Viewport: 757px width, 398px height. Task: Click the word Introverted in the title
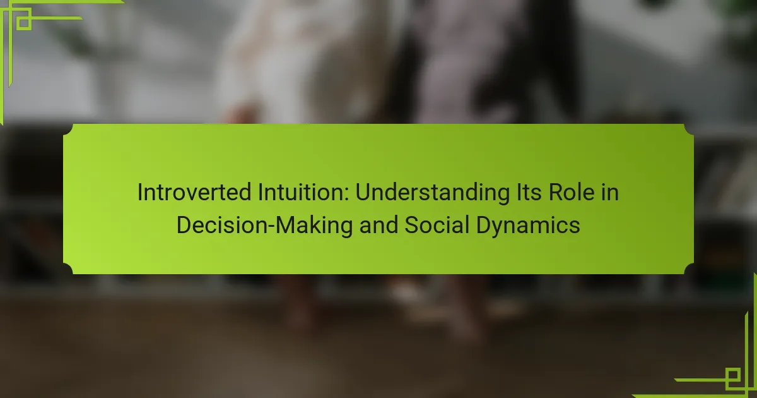click(194, 192)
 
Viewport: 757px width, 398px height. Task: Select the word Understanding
click(432, 193)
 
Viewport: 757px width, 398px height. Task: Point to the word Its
click(529, 192)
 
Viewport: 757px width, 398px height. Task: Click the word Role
click(572, 192)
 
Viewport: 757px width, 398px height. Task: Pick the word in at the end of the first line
click(610, 192)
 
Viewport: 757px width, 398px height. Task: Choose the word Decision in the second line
click(221, 225)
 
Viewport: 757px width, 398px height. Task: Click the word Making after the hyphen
click(314, 226)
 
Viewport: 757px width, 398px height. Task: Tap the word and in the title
click(378, 225)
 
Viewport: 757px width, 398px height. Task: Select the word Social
click(437, 225)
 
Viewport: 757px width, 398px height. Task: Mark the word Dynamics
click(528, 226)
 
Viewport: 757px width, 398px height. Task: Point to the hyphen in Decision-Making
click(271, 227)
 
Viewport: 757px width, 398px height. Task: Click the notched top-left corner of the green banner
click(68, 129)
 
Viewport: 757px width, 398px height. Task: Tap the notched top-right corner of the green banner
click(689, 129)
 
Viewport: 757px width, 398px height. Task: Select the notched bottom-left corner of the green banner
click(68, 269)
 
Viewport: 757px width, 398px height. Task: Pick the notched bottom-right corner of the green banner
click(689, 269)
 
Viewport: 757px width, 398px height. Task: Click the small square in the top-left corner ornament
click(24, 23)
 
